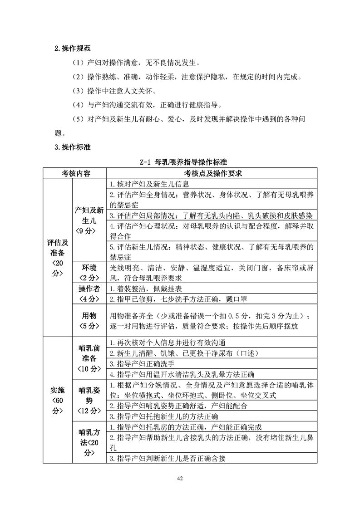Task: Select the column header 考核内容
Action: pyautogui.click(x=74, y=174)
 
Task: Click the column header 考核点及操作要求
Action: pyautogui.click(x=212, y=174)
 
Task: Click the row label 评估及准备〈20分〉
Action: pyautogui.click(x=58, y=257)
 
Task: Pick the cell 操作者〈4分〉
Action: pyautogui.click(x=89, y=294)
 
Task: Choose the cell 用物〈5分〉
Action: pyautogui.click(x=89, y=320)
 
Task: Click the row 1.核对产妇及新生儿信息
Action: pyautogui.click(x=150, y=184)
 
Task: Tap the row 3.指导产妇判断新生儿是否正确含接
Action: pyautogui.click(x=168, y=458)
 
